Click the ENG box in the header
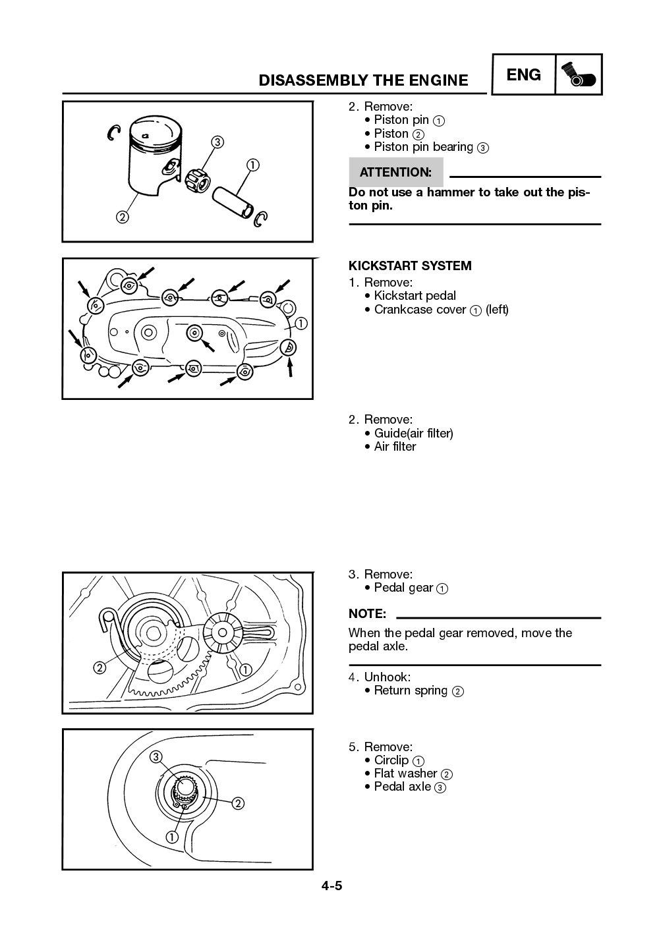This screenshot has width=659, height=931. [524, 75]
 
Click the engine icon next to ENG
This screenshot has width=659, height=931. [579, 75]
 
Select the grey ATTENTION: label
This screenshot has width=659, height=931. [395, 173]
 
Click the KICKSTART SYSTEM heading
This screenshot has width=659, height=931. [409, 266]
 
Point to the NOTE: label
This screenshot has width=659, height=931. [367, 613]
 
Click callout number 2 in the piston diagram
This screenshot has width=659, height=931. [123, 217]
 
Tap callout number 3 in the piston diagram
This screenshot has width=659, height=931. [217, 142]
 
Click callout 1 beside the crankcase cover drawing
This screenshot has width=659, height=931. [301, 324]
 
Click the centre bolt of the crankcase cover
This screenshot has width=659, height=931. [194, 333]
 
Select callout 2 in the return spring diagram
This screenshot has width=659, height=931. [100, 668]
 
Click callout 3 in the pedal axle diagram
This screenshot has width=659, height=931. [156, 756]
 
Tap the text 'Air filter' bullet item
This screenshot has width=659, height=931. [395, 447]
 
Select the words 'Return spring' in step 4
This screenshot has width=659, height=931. [410, 691]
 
